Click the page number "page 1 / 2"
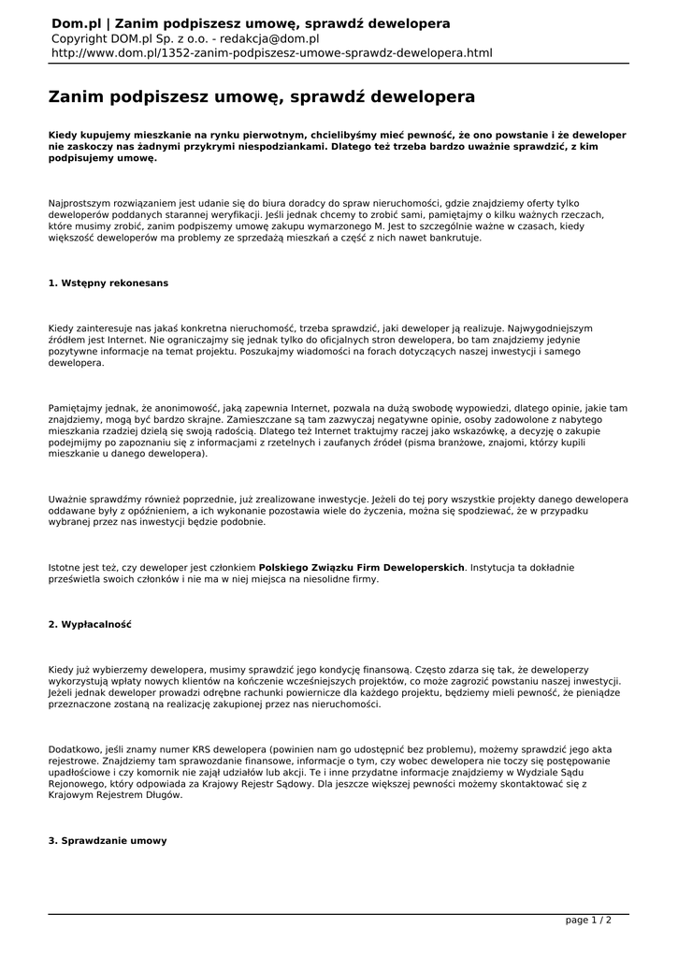click(x=589, y=920)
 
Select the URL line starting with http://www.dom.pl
click(x=271, y=53)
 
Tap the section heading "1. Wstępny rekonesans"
click(x=108, y=282)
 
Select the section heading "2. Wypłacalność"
click(x=90, y=624)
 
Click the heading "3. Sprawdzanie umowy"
click(x=108, y=840)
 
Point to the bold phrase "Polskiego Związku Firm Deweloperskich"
click(x=362, y=567)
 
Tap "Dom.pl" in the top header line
click(x=78, y=22)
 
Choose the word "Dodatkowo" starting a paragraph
click(x=77, y=750)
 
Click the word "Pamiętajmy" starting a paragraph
click(x=79, y=408)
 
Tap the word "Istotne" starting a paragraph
click(x=66, y=567)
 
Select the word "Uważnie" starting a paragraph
click(x=70, y=499)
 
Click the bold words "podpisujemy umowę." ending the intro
click(x=102, y=159)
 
